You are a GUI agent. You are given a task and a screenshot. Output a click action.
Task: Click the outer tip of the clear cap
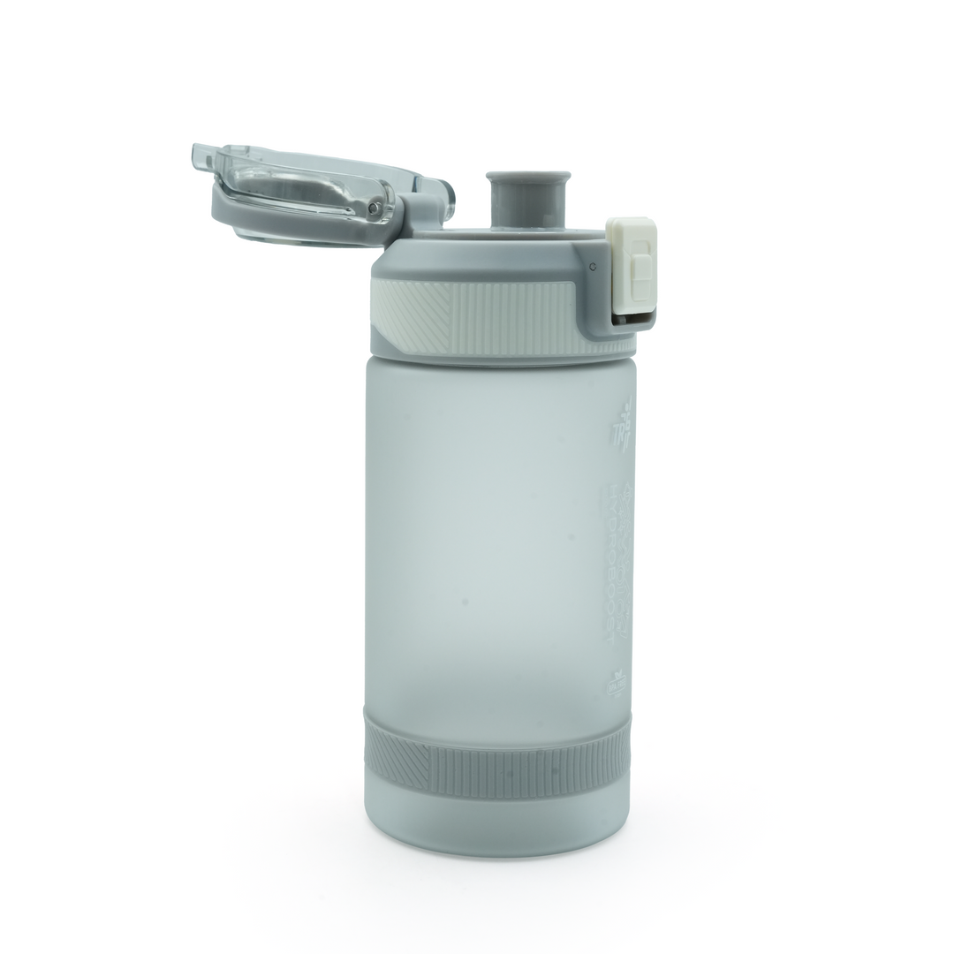(200, 157)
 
